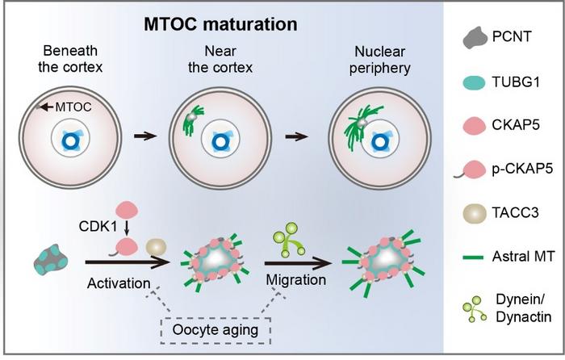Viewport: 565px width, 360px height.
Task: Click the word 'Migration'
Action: coord(295,279)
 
